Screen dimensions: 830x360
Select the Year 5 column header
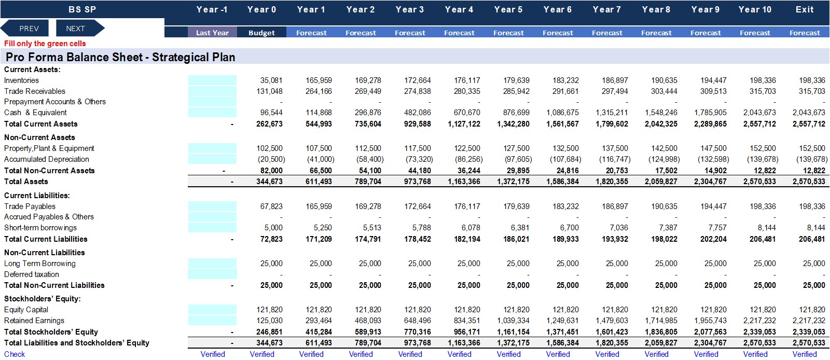tap(508, 10)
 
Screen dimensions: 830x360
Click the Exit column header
tap(805, 10)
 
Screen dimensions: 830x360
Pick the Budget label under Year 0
tap(261, 33)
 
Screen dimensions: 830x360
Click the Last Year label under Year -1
tap(212, 33)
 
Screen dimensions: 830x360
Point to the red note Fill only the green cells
tap(45, 44)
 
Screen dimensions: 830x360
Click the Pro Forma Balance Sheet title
tap(120, 57)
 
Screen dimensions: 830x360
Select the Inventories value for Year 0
tap(271, 80)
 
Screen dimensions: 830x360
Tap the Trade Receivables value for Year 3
tap(418, 91)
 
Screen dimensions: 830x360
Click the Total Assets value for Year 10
tap(759, 182)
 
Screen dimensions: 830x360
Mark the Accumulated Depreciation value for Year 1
tap(321, 159)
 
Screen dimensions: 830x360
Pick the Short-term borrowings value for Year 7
tap(619, 228)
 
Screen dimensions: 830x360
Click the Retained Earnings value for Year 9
tap(710, 321)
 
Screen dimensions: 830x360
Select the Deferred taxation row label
tap(32, 274)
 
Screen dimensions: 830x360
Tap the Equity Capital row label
tap(26, 310)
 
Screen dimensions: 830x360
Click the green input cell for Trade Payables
tap(212, 206)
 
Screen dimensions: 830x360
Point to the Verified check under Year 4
tap(459, 354)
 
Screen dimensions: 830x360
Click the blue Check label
tap(15, 354)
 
